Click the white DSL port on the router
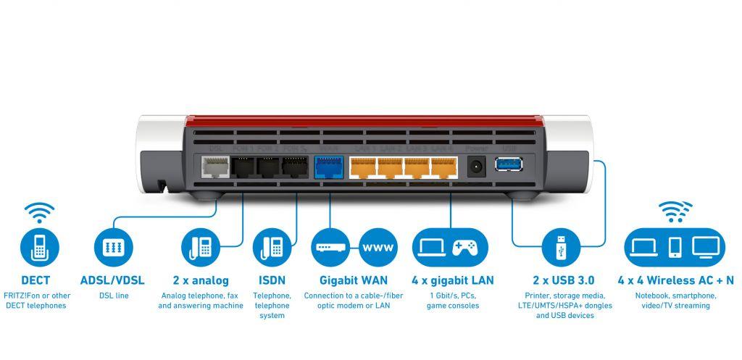pos(213,167)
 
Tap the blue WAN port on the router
pos(329,167)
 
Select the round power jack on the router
pos(475,167)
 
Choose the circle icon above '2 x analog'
pos(199,246)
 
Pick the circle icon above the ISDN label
pos(272,246)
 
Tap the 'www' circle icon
pos(378,246)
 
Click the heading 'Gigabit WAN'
pos(354,280)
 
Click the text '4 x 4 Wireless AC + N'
pos(675,280)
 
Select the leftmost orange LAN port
pos(363,167)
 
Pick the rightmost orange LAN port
pos(443,167)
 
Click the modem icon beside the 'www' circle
pos(333,246)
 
